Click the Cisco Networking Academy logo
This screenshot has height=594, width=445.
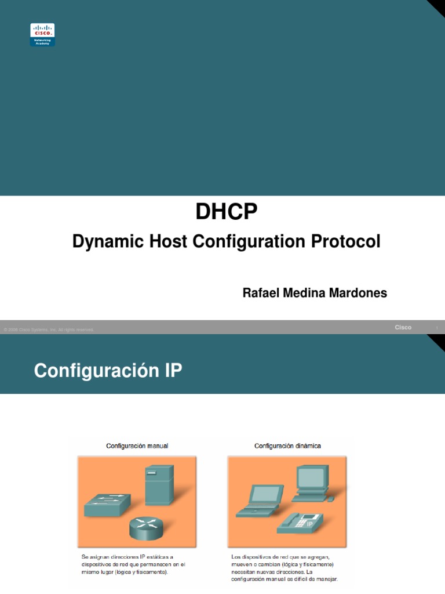click(42, 34)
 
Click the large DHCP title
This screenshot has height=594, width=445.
click(226, 212)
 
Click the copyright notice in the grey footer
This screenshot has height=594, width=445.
click(49, 329)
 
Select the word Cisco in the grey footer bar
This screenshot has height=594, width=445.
click(403, 327)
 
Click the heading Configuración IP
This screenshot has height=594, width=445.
click(108, 371)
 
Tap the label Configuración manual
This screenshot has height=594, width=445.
click(137, 445)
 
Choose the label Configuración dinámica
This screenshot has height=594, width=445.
click(287, 445)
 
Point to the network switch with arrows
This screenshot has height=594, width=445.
click(107, 505)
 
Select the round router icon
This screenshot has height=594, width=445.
click(146, 527)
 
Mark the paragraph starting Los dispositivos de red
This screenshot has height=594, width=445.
click(284, 567)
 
